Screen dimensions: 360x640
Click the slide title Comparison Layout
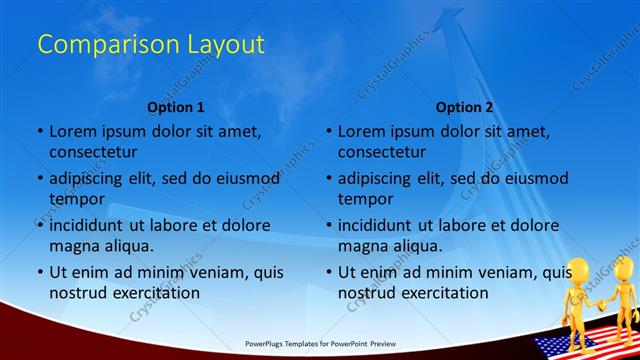pos(151,45)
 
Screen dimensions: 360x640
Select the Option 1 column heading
pos(175,107)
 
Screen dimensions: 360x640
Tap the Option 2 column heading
pos(464,107)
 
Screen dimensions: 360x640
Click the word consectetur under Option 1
pos(93,152)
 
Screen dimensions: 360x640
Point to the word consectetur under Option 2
pos(382,152)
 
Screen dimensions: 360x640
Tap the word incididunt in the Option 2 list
pos(380,226)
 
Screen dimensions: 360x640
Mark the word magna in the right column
pos(361,246)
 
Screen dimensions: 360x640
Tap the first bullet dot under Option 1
pos(40,132)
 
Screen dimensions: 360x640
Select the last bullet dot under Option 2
pos(329,273)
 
